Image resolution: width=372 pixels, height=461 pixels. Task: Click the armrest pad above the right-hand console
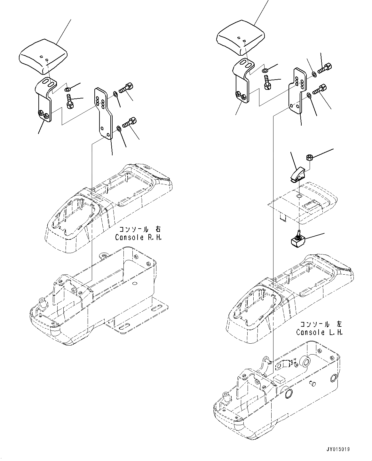tap(43, 58)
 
